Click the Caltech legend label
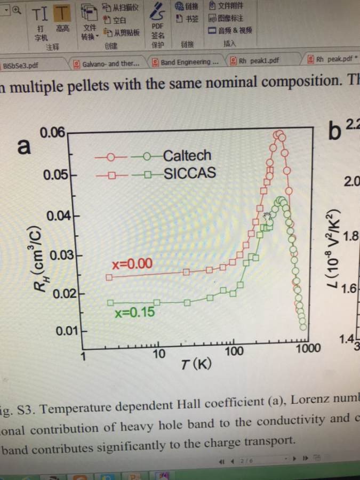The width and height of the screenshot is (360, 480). (x=187, y=156)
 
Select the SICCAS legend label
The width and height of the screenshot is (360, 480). (x=190, y=174)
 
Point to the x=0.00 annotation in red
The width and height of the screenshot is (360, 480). (x=132, y=264)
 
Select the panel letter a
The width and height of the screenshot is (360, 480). (x=24, y=147)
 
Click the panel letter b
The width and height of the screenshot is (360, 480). (x=334, y=130)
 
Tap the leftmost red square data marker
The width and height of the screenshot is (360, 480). (x=109, y=277)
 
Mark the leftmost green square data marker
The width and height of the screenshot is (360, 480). (x=110, y=303)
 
